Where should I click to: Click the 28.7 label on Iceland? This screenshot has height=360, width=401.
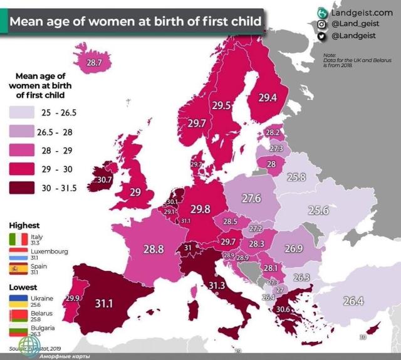point(94,62)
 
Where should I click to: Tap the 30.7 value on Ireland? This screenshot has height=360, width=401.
point(105,179)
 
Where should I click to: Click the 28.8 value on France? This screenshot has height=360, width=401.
point(153,249)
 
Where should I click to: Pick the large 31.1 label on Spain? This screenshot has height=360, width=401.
point(103,303)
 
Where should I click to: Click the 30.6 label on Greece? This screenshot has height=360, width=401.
point(283,309)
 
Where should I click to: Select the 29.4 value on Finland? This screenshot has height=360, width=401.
point(268,98)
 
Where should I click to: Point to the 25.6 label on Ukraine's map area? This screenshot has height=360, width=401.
point(318,211)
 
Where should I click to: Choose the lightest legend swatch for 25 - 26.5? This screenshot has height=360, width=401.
point(23,112)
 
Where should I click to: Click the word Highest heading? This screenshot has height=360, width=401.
point(24,225)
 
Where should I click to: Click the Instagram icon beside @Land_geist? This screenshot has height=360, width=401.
point(322,24)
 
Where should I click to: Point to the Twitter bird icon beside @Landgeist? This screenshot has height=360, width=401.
point(322,36)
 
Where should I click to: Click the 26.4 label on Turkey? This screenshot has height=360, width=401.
point(353,301)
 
